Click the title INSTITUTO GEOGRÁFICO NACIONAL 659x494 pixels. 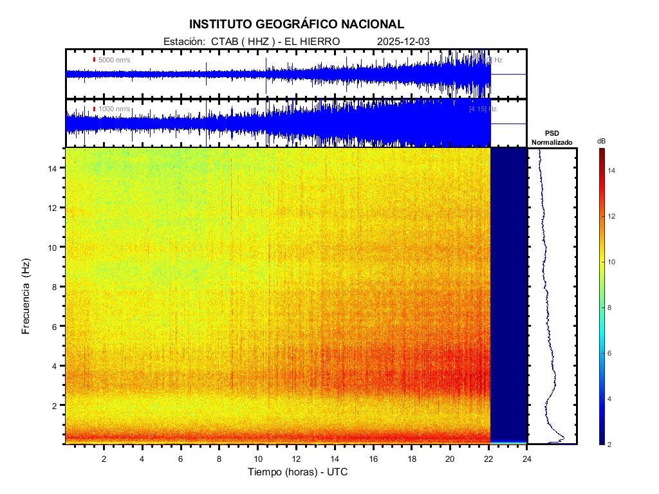click(x=297, y=24)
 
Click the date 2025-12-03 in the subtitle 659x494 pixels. click(x=403, y=41)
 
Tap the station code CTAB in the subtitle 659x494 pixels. click(x=224, y=41)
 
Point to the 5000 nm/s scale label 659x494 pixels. click(x=114, y=60)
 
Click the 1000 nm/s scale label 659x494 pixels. click(x=114, y=109)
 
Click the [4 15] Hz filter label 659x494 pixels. click(x=482, y=109)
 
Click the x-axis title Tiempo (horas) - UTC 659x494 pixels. click(x=299, y=472)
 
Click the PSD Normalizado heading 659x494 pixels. click(x=552, y=138)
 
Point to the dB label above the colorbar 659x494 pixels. click(x=601, y=141)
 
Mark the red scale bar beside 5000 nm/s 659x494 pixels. click(x=94, y=60)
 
